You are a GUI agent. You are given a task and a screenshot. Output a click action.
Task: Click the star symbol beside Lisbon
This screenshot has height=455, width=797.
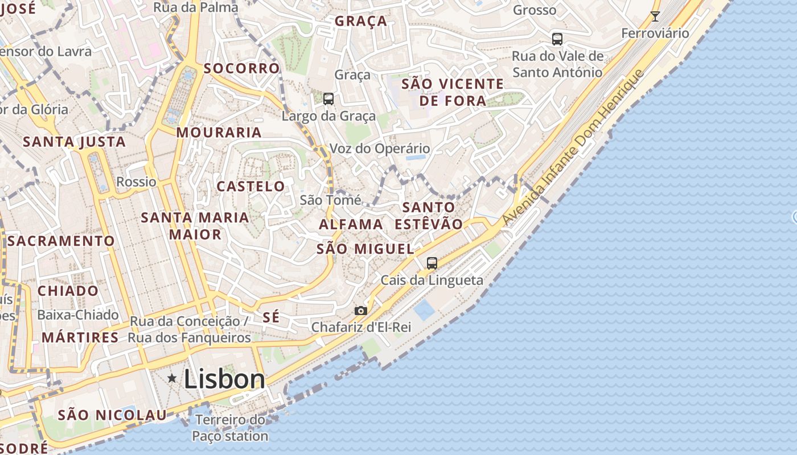coord(171,378)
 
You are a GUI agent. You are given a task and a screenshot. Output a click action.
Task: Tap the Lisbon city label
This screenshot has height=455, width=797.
coord(225,379)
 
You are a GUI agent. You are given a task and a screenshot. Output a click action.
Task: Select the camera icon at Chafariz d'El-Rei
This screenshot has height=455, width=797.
coord(360,311)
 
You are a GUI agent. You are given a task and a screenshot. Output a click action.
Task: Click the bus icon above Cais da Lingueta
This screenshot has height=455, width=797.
coord(432,263)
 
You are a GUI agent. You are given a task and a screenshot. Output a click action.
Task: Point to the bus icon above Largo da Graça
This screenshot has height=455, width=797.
coord(328,99)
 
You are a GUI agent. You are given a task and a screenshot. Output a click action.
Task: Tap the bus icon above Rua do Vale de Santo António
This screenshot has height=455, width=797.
coord(557,39)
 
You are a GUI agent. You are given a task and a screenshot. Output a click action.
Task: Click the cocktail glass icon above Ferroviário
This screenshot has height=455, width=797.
coord(655,16)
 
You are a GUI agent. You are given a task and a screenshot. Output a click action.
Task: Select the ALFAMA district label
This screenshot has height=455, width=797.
coord(351,224)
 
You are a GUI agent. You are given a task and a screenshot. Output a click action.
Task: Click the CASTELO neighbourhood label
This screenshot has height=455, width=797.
coord(250,186)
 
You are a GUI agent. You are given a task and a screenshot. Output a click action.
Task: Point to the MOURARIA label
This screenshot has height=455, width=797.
coord(219,133)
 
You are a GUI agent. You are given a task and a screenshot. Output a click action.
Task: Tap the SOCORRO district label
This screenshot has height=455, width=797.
coord(242,68)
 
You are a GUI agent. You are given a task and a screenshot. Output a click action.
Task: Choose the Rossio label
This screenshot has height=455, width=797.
coord(136,182)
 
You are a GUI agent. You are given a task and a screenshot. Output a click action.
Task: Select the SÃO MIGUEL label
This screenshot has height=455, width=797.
coord(365,249)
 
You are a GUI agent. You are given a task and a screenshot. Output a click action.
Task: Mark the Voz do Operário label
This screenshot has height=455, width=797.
coord(380,148)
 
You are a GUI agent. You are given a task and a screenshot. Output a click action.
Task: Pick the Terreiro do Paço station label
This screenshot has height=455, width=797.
coord(230,428)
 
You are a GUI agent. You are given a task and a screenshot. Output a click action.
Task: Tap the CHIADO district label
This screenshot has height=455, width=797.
coord(68,291)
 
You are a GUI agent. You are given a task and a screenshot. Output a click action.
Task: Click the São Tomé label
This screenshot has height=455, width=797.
coord(330,200)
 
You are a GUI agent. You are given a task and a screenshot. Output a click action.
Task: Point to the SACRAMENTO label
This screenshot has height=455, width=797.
coord(61,241)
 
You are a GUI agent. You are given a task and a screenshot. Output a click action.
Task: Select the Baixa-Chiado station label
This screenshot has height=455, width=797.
coord(78,315)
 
